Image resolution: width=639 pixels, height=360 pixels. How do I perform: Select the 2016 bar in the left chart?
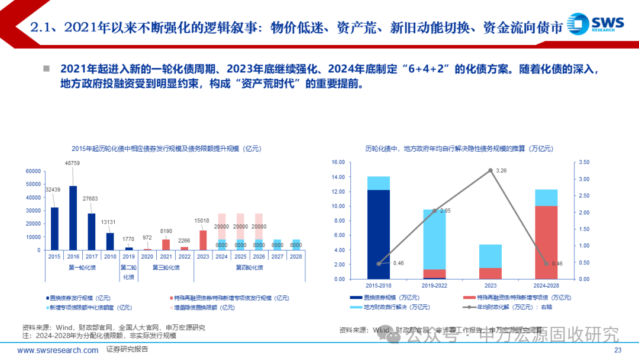pyautogui.click(x=73, y=218)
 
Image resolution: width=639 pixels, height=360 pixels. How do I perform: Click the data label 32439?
pyautogui.click(x=54, y=189)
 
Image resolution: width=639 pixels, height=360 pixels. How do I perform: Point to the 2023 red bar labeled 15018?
pyautogui.click(x=203, y=240)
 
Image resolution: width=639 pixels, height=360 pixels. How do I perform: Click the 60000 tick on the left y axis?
pyautogui.click(x=33, y=171)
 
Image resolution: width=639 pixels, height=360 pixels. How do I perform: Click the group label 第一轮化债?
pyautogui.click(x=82, y=268)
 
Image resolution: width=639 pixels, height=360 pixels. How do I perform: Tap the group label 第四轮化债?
pyautogui.click(x=249, y=268)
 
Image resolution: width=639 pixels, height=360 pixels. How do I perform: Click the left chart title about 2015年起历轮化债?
pyautogui.click(x=166, y=148)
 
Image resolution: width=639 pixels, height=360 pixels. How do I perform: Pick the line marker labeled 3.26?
pyautogui.click(x=490, y=170)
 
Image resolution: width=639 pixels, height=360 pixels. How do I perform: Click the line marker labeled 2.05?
pyautogui.click(x=435, y=211)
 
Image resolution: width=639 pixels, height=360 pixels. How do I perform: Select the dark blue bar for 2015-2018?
pyautogui.click(x=379, y=234)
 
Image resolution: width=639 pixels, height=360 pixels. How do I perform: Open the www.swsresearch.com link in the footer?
pyautogui.click(x=58, y=350)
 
